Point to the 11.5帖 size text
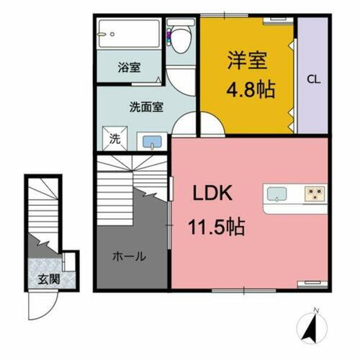click(x=216, y=228)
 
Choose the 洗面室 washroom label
click(x=146, y=107)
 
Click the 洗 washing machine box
click(x=114, y=139)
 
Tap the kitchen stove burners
click(x=314, y=193)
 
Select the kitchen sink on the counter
click(x=277, y=194)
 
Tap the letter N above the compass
click(x=315, y=311)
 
